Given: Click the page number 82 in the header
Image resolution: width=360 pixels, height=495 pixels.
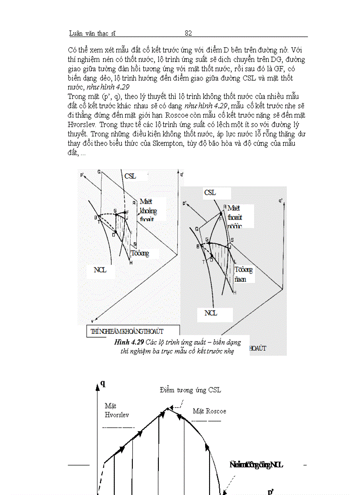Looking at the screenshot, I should click(188, 33).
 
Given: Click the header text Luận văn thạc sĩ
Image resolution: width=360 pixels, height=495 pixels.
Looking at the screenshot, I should click(92, 33).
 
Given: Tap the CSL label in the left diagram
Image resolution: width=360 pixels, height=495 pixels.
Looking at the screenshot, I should click(131, 175).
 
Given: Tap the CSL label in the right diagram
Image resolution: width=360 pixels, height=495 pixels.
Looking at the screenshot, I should click(210, 193).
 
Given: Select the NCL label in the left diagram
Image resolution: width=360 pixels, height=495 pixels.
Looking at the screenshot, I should click(100, 270).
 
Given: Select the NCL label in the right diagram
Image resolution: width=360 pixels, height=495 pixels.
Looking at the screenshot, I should click(211, 313).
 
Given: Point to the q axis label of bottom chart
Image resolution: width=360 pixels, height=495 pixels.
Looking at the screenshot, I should click(103, 383).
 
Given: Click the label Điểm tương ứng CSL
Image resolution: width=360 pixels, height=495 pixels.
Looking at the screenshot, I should click(191, 390).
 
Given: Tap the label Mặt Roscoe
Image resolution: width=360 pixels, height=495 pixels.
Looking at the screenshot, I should click(210, 411).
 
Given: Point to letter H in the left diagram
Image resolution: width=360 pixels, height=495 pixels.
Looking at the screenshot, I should click(131, 263).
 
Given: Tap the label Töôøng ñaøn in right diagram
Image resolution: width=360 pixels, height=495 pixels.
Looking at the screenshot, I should click(243, 274).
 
